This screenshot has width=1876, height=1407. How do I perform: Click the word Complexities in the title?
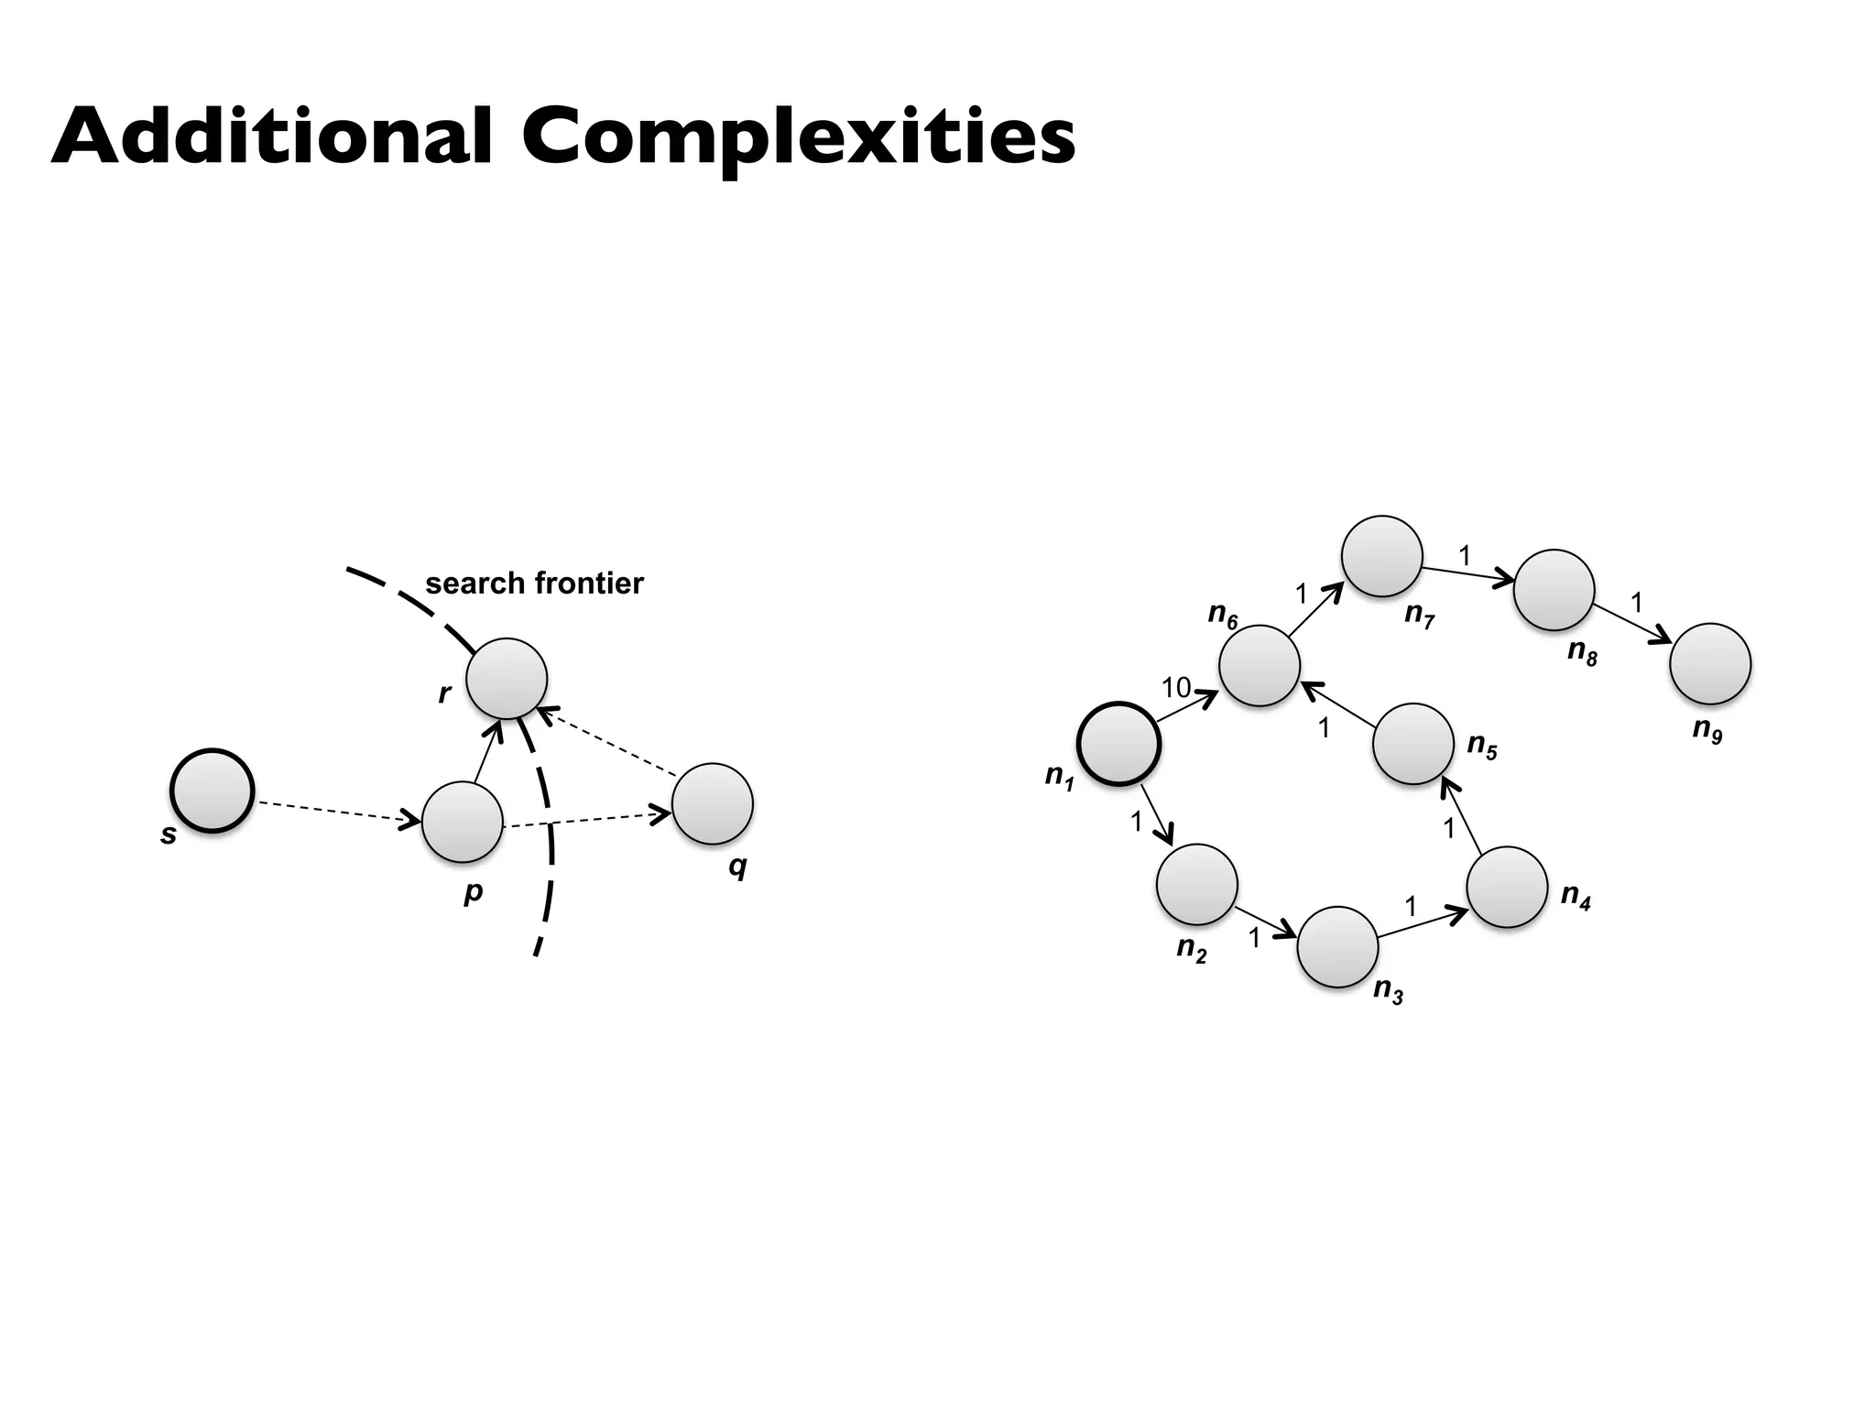798,137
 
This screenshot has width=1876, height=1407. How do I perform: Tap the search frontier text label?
534,584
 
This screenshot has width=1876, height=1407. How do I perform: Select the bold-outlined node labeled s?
212,791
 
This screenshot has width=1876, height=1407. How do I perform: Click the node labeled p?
463,822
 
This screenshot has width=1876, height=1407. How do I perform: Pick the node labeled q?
713,803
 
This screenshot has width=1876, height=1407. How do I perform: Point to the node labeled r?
507,679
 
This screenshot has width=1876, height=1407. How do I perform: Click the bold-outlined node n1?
1119,744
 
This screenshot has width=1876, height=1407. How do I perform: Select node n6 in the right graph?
1260,666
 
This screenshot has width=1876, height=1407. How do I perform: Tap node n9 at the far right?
1710,664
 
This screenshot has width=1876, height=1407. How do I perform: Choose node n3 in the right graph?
1337,947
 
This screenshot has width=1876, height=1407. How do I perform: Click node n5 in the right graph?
1413,744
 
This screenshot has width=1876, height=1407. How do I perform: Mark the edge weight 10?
1176,687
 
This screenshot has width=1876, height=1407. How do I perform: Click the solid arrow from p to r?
487,752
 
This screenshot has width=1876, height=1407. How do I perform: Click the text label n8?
1582,652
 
